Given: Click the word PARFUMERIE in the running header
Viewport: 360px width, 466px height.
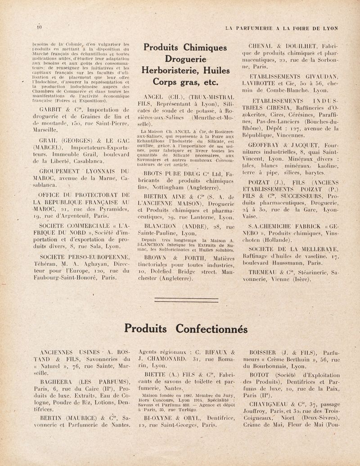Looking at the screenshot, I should coord(257,28).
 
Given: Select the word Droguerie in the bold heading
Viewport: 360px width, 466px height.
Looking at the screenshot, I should coord(185,59).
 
